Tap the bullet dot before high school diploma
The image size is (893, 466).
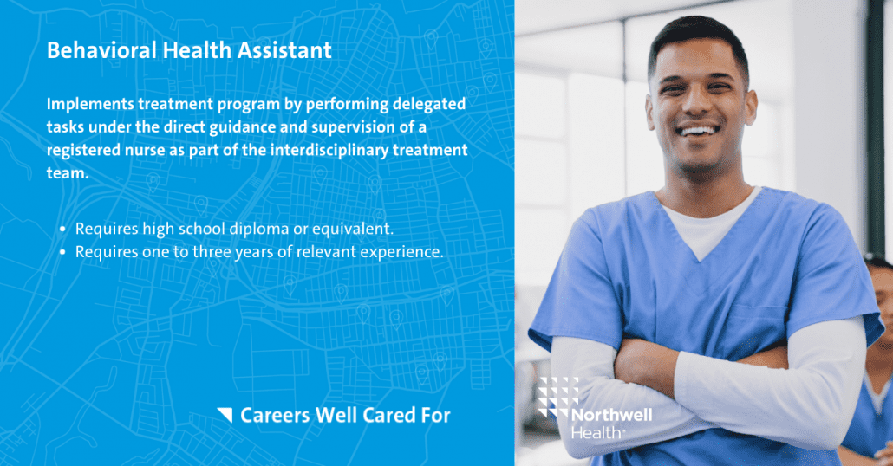point(63,230)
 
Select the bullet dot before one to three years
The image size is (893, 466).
point(63,253)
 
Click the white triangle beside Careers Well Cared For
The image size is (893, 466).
point(225,415)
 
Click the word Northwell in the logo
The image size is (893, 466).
point(611,415)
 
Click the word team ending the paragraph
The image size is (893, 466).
point(66,172)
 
